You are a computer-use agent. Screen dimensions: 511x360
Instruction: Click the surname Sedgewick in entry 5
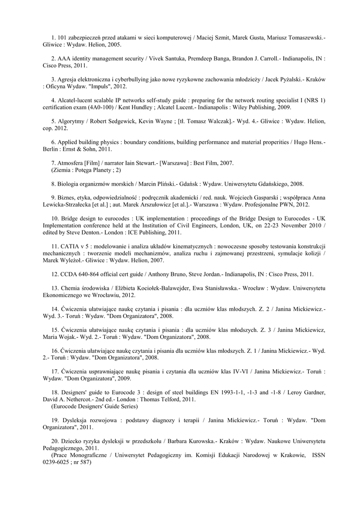[x=119, y=121]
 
